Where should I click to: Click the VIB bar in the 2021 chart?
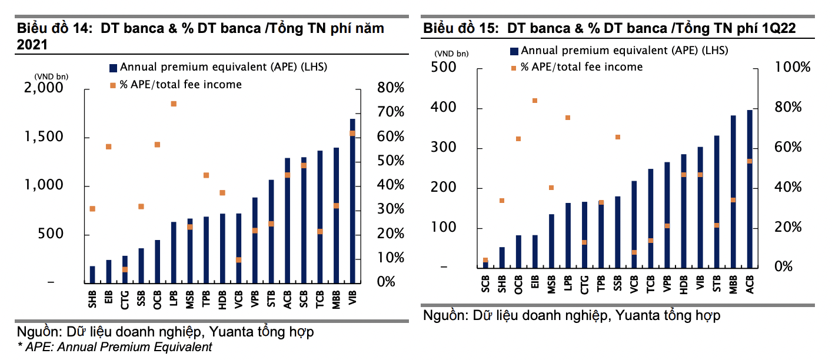point(352,200)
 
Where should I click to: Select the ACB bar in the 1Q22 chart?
point(750,188)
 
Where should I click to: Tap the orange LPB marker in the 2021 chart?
point(174,104)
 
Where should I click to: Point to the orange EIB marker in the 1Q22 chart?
point(535,101)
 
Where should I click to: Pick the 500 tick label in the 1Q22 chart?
point(444,67)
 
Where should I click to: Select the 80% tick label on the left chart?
point(389,88)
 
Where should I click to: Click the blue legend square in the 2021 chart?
point(114,67)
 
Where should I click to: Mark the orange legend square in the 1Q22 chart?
point(513,68)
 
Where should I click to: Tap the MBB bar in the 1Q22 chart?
point(733,191)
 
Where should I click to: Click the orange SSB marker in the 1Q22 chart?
point(618,137)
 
